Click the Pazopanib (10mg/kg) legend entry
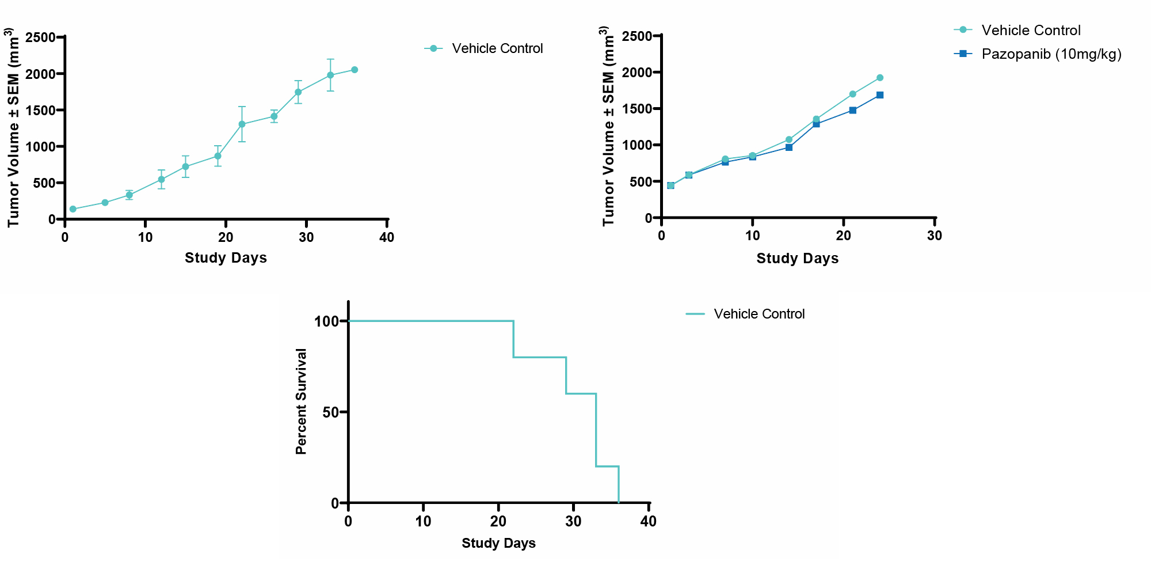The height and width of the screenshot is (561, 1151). [1051, 54]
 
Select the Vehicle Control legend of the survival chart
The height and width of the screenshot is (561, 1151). [759, 314]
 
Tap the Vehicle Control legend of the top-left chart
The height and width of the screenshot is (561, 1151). [497, 48]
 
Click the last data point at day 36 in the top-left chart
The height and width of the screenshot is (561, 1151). [355, 70]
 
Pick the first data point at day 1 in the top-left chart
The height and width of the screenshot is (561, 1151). [73, 209]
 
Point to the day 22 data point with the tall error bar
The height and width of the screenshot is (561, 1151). [242, 124]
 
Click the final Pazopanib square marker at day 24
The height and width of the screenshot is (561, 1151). [880, 95]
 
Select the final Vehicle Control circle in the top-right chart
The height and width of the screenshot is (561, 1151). [880, 78]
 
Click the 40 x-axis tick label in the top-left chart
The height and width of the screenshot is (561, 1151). [387, 237]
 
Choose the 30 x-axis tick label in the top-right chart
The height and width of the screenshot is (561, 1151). [935, 236]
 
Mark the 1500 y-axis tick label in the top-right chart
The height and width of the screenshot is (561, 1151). [637, 109]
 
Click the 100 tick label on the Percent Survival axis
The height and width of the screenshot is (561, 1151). [326, 321]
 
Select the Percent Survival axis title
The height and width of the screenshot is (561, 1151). [301, 401]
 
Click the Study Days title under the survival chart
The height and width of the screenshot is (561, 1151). [498, 543]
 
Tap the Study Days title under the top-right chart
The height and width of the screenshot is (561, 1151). [797, 258]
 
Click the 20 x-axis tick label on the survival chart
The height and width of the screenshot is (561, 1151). [498, 521]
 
